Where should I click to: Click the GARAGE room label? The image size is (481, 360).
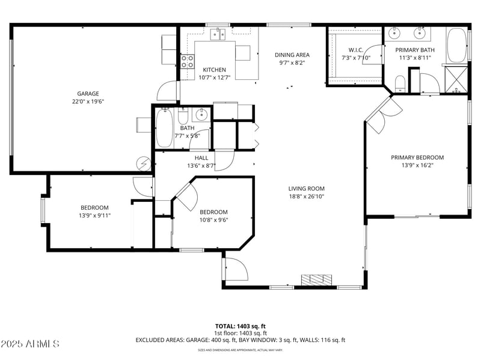tap(88, 93)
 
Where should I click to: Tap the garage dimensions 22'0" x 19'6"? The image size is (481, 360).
tap(88, 102)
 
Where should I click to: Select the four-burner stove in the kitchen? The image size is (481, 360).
tap(188, 61)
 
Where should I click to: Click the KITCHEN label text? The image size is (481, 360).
tap(214, 70)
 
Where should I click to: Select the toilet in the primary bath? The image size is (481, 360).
tap(399, 82)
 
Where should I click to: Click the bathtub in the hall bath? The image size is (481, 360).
tap(164, 128)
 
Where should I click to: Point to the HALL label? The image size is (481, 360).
tap(185, 158)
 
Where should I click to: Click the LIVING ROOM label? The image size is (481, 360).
tap(306, 188)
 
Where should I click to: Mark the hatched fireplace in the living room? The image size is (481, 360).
tap(316, 280)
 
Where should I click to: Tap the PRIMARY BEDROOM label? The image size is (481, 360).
tap(417, 157)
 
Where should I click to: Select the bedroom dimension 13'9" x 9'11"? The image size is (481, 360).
tap(94, 215)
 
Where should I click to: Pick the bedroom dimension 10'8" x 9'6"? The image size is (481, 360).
tap(213, 219)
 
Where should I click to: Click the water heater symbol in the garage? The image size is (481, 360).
tap(144, 163)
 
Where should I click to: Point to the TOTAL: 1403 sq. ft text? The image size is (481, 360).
tap(240, 326)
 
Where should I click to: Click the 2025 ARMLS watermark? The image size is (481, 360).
tap(30, 344)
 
